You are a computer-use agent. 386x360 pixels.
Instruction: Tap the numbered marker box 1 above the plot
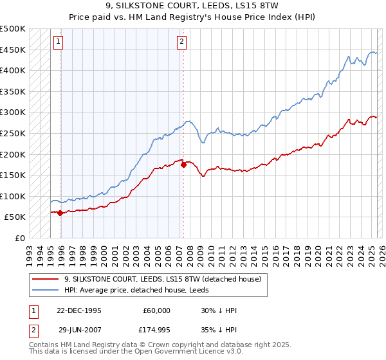coord(58,42)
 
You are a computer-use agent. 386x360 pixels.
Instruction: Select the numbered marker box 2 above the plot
coord(181,42)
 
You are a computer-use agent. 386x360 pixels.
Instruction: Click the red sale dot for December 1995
coord(60,213)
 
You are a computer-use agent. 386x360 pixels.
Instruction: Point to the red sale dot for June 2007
coord(183,165)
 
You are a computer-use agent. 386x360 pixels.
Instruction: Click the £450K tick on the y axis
coord(13,50)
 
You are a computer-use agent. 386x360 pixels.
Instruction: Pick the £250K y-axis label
coord(13,133)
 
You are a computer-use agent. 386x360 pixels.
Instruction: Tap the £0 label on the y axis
coord(21,238)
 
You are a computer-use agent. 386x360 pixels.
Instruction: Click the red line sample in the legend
coord(46,280)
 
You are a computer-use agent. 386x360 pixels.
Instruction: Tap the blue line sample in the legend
coord(46,290)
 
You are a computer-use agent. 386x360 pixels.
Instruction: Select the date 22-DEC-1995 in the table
coord(80,310)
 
